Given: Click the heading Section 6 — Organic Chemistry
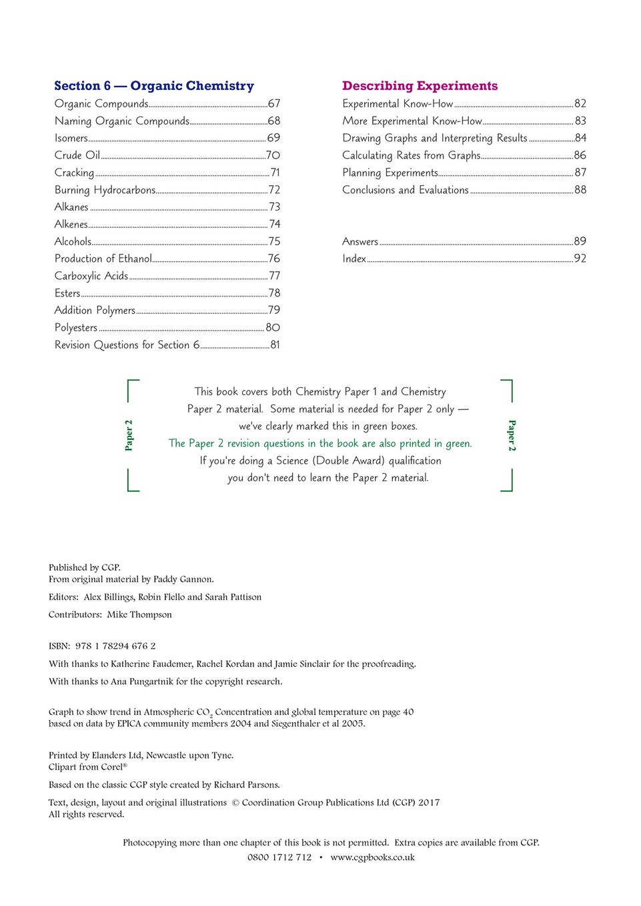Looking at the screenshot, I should (x=154, y=86).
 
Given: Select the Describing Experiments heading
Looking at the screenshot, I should (x=420, y=86).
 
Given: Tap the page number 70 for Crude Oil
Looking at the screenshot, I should (x=273, y=155).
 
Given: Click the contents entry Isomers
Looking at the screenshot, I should (x=71, y=138).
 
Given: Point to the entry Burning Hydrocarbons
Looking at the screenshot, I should (x=105, y=190).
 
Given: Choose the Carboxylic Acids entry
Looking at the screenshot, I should (x=91, y=276).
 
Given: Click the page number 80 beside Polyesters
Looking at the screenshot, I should (x=273, y=328).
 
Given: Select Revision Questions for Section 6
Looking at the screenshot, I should (x=127, y=345).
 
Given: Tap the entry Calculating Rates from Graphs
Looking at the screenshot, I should (x=411, y=155).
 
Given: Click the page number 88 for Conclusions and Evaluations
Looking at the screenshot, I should (x=580, y=190).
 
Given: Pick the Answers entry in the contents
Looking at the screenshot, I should (x=360, y=241).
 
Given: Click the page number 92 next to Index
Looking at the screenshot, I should (x=580, y=258).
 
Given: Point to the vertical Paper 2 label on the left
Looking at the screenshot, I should (x=129, y=435).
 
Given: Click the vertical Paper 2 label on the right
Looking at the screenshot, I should (x=512, y=435).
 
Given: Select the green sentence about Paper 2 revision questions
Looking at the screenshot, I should (x=320, y=444).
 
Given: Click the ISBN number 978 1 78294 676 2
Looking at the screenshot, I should (x=115, y=646).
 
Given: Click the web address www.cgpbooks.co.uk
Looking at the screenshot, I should (x=372, y=857).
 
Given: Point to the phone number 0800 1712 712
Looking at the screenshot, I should (x=279, y=857).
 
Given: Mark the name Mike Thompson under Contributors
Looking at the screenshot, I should (x=139, y=615).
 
